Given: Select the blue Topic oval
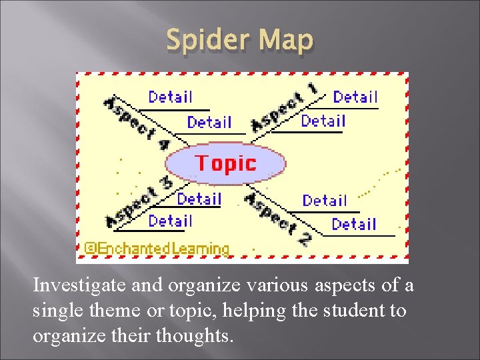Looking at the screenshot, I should click(225, 163).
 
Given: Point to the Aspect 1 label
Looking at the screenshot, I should click(284, 107).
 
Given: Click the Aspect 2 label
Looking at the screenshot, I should click(277, 217).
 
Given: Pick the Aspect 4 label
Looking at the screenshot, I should click(136, 123).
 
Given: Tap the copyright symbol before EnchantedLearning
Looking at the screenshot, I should click(92, 249).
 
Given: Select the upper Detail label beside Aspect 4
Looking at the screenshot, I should click(170, 97).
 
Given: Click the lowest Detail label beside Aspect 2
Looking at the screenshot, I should click(353, 225).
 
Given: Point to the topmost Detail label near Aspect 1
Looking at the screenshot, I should click(355, 97).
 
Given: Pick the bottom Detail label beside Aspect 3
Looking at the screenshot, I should click(170, 221).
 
